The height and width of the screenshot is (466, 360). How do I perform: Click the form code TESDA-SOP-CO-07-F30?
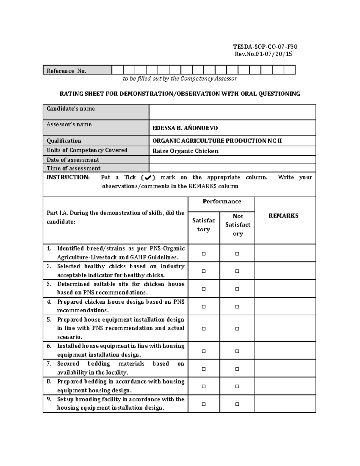click(265, 47)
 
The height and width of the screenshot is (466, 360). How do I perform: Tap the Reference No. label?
click(67, 71)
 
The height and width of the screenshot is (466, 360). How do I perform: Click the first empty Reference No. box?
click(117, 70)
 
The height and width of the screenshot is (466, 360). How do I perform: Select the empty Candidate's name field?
click(232, 112)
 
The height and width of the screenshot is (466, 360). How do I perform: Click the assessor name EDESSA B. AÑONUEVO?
click(185, 128)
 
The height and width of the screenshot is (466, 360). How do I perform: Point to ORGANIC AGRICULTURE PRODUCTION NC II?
click(217, 141)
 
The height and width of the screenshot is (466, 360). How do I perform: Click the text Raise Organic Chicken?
click(185, 151)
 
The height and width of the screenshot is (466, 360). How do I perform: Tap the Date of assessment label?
click(73, 160)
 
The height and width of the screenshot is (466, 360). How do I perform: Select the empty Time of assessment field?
click(232, 168)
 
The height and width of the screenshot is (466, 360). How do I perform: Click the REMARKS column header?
click(283, 216)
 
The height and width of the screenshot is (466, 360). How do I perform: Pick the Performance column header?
click(222, 202)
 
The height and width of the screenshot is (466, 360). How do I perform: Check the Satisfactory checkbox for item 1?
click(204, 254)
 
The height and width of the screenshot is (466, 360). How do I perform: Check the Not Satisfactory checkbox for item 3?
click(237, 289)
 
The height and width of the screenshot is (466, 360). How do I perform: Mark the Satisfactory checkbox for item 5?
click(204, 329)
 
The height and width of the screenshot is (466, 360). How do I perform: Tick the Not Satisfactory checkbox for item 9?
click(237, 404)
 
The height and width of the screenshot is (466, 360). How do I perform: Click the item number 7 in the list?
click(49, 364)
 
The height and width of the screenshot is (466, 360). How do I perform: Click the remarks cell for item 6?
click(285, 350)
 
